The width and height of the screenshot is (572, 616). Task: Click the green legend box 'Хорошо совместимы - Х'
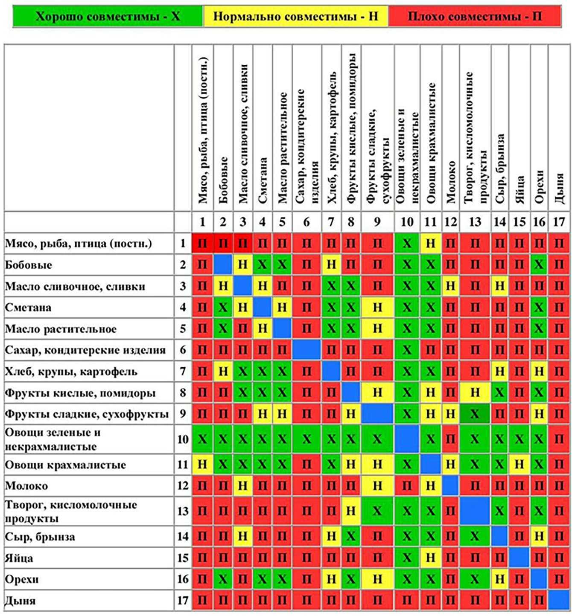point(108,17)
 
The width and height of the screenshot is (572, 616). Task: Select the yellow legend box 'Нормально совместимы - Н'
point(295,17)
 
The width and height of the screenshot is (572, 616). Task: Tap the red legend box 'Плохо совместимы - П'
point(475,17)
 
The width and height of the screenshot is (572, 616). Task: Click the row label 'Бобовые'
point(29,265)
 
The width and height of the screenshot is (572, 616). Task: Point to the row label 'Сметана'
point(28,308)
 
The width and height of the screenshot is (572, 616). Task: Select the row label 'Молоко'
point(26,486)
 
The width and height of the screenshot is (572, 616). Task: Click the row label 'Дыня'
point(20,601)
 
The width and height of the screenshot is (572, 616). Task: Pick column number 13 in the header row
point(475,222)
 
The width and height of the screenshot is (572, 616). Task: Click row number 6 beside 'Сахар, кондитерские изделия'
point(183,350)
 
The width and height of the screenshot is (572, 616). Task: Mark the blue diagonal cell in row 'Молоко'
point(450,486)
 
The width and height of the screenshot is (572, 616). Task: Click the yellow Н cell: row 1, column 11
point(431,244)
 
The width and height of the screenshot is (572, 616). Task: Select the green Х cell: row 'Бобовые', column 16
point(539,265)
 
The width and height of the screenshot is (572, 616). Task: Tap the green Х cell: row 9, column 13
point(475,414)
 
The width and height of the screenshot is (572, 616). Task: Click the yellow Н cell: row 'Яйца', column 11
point(431,558)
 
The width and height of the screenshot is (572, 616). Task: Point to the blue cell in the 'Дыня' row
point(559,601)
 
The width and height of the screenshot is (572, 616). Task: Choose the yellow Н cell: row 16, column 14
point(499,579)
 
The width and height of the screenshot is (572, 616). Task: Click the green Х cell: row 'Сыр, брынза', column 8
point(351,537)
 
